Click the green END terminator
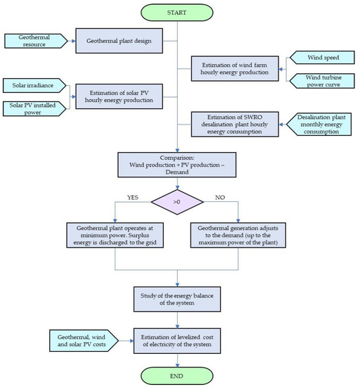(177, 374)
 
